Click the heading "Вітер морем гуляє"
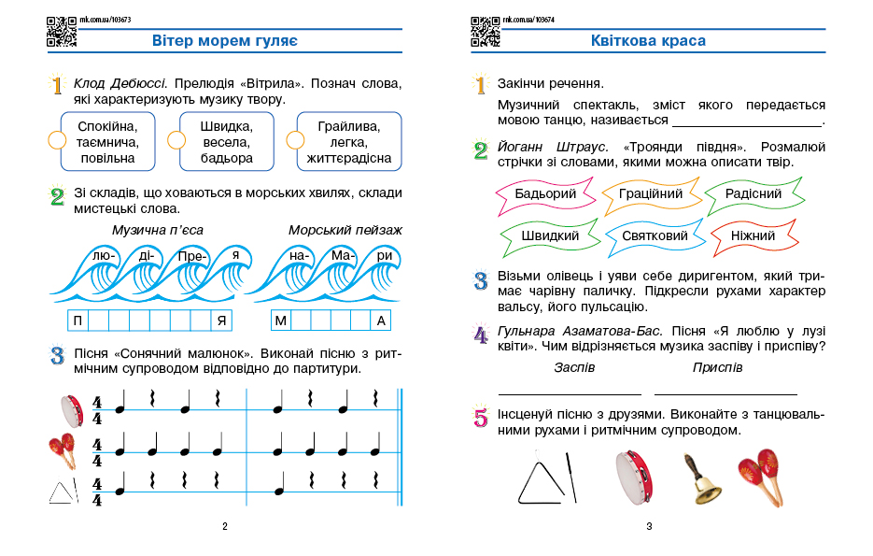pos(224,41)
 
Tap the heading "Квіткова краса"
pos(648,41)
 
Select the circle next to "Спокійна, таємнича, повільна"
pos(56,140)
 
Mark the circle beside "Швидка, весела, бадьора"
pos(176,140)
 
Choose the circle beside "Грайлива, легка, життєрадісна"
pos(295,140)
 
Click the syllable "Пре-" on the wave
pos(190,255)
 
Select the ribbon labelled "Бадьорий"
pos(546,194)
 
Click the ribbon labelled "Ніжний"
pos(753,236)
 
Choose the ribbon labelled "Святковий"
pos(654,236)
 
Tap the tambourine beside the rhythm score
pos(67,407)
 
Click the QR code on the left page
pos(61,31)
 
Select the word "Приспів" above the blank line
pos(717,367)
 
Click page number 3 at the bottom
pos(649,526)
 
